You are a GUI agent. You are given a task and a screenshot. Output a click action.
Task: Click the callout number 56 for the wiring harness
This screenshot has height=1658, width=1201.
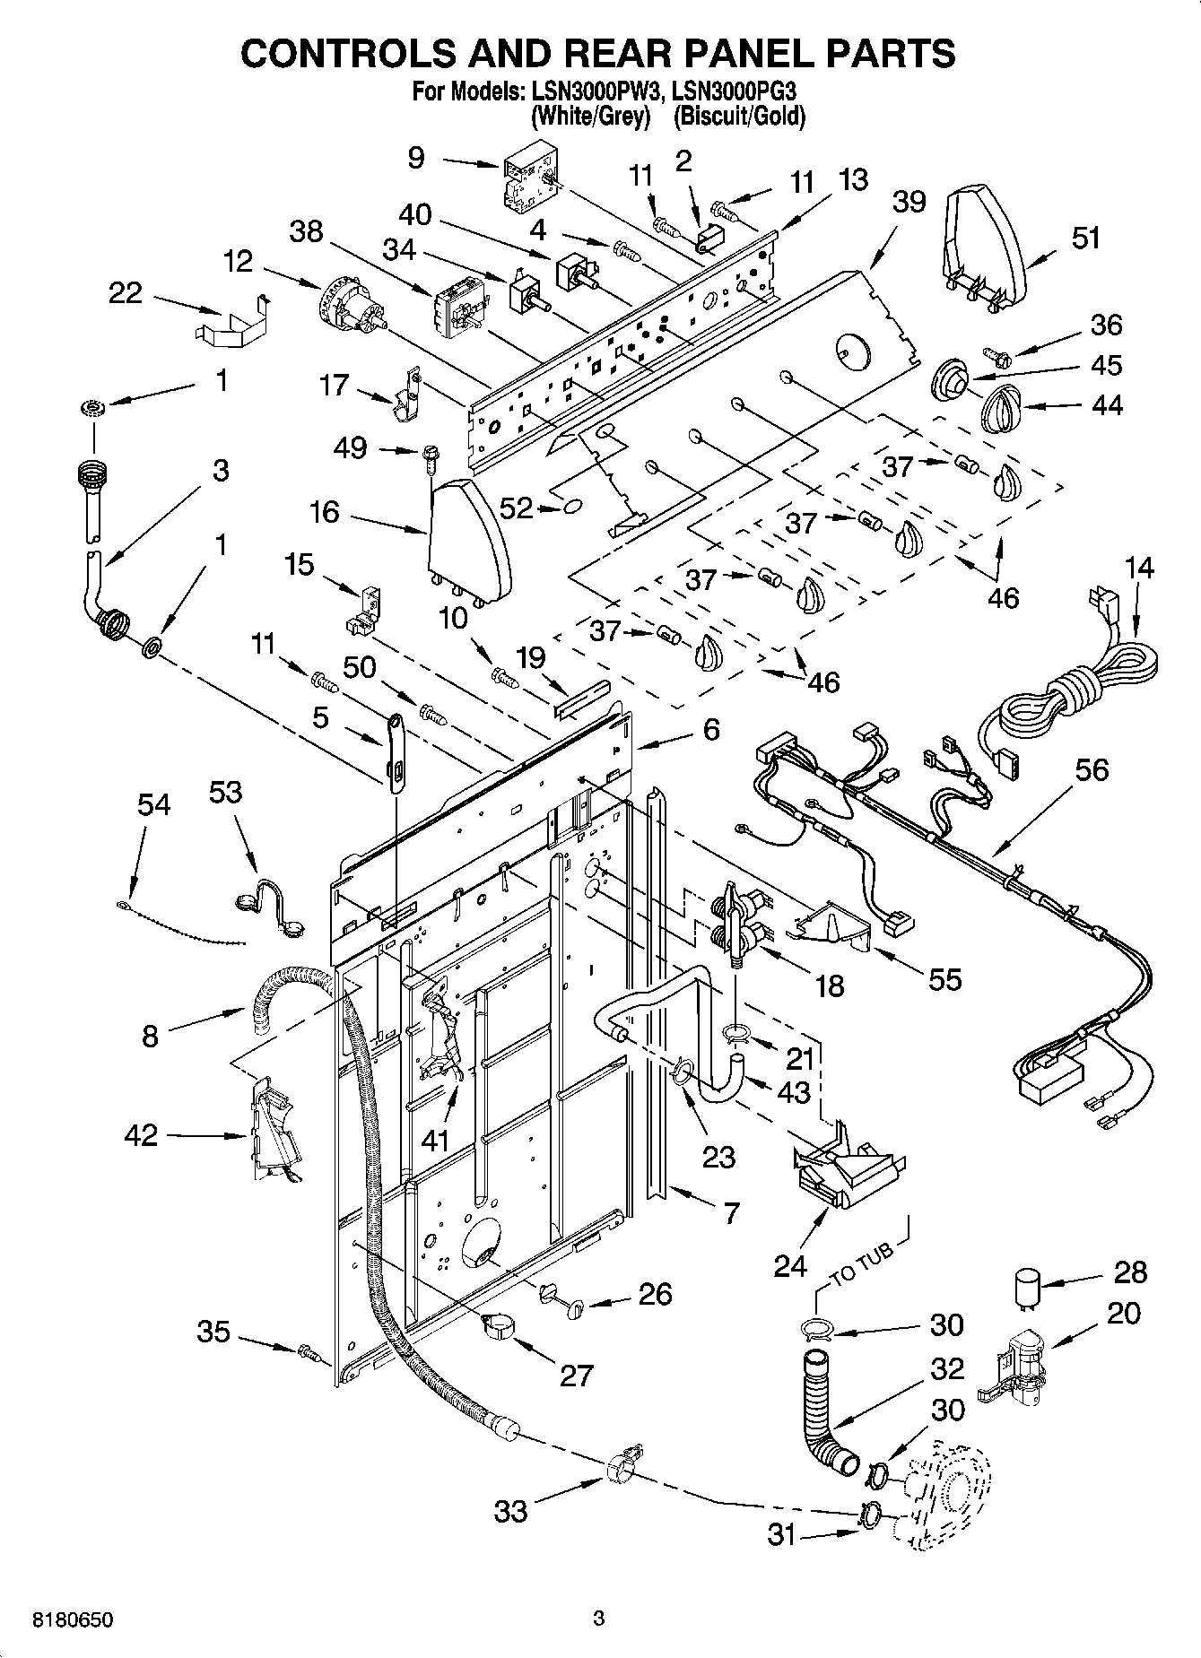(x=1091, y=770)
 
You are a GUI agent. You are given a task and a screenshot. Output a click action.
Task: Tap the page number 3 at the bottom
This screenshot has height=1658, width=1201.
(x=599, y=1619)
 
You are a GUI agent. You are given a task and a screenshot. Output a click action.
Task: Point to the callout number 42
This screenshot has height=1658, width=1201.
(x=142, y=1135)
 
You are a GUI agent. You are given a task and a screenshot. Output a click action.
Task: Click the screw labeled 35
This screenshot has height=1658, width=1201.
(x=309, y=1350)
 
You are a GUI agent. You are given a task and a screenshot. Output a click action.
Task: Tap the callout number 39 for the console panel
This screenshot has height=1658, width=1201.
(x=908, y=201)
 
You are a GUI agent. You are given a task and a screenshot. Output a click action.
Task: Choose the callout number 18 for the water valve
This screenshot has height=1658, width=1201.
(x=830, y=985)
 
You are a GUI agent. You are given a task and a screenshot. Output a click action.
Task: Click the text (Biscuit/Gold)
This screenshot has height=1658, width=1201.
(x=739, y=117)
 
